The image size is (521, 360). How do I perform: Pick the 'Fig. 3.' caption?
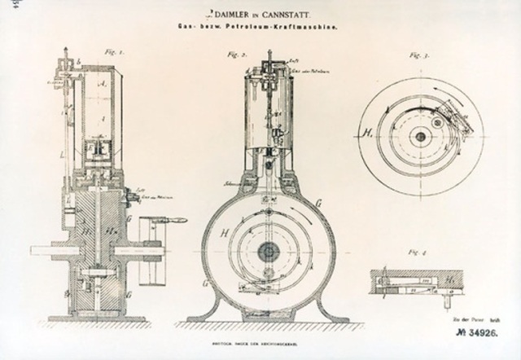coord(418,58)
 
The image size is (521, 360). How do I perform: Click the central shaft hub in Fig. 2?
coord(267,252)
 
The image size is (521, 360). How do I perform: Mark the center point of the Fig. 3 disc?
coord(420,137)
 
